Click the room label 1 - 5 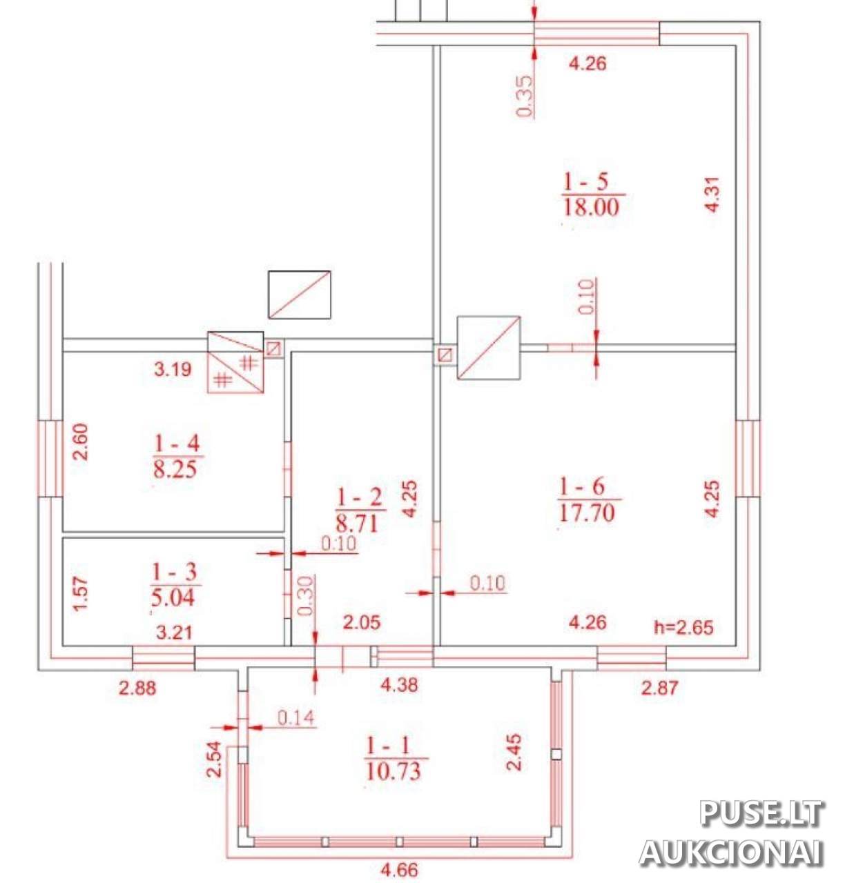[x=585, y=183]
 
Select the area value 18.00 [x=591, y=208]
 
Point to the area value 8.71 [x=356, y=524]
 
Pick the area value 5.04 [x=173, y=597]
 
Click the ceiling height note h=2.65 [x=683, y=628]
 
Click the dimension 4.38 [x=398, y=685]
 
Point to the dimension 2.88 [x=137, y=688]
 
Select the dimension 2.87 [x=659, y=688]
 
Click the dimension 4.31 [x=712, y=194]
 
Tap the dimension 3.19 [x=172, y=369]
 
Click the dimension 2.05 [x=361, y=622]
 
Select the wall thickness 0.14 [x=296, y=718]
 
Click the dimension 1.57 [x=81, y=594]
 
